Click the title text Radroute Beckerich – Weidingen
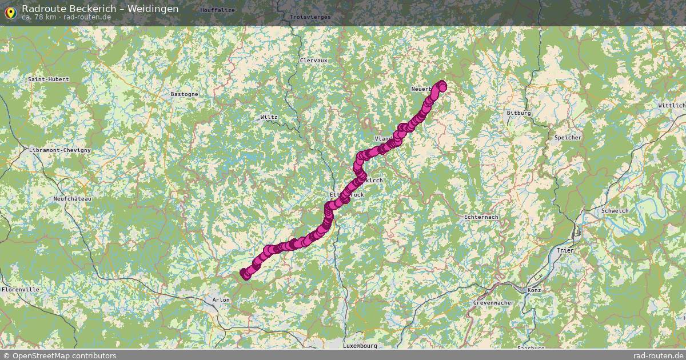point(100,9)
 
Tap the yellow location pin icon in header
point(10,11)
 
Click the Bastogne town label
point(185,94)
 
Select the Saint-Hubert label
point(49,79)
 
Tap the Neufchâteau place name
point(72,198)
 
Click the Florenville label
point(21,290)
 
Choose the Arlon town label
point(221,299)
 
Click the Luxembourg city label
point(360,346)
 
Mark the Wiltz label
point(269,117)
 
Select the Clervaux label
point(313,60)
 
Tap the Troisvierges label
point(310,17)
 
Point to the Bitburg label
point(519,113)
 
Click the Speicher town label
point(568,138)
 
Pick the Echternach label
point(481,217)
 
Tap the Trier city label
point(565,250)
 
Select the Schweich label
point(615,211)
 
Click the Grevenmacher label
point(494,302)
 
